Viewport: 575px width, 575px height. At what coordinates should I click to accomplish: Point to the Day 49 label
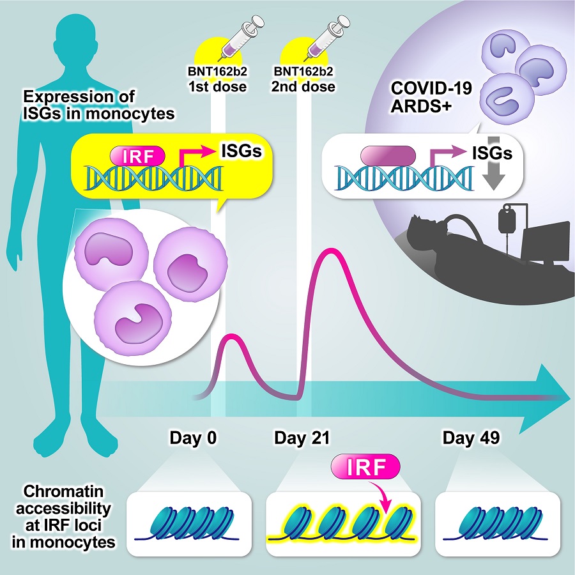point(471,438)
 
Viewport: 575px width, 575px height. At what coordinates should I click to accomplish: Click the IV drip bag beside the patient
point(510,222)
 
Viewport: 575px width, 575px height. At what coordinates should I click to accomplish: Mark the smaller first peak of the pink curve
point(229,336)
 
